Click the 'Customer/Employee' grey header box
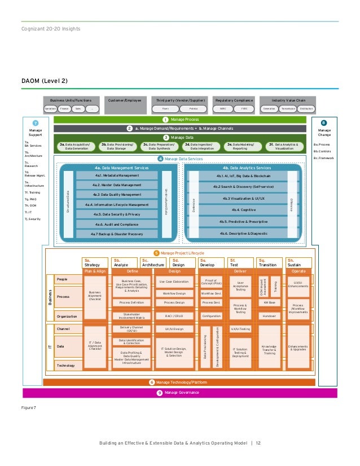pos(124,99)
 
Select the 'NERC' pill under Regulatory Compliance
pos(223,108)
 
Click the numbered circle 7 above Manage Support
pos(35,123)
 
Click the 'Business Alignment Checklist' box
pos(95,296)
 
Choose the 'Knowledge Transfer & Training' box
pos(268,350)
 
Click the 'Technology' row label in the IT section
pos(65,366)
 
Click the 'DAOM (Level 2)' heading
pos(45,81)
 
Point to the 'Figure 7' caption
pos(28,406)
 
